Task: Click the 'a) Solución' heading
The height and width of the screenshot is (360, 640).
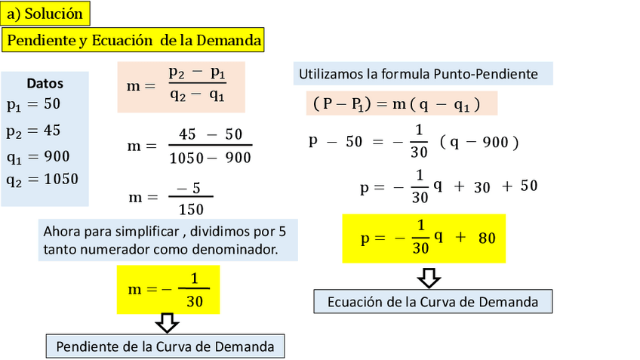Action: pyautogui.click(x=45, y=14)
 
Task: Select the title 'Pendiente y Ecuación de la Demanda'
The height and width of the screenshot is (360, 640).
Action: pyautogui.click(x=134, y=41)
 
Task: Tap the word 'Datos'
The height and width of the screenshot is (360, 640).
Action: pyautogui.click(x=45, y=84)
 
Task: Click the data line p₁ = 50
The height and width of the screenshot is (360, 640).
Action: pyautogui.click(x=33, y=104)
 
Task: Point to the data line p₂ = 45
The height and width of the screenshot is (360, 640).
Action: pyautogui.click(x=33, y=131)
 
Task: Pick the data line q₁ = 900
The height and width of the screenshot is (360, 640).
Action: pyautogui.click(x=38, y=156)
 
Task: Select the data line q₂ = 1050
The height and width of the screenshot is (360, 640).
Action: pyautogui.click(x=42, y=180)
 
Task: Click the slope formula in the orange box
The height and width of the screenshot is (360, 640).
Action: pyautogui.click(x=180, y=85)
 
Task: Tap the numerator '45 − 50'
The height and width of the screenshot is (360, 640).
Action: pyautogui.click(x=210, y=134)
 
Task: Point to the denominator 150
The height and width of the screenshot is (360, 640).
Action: pyautogui.click(x=190, y=209)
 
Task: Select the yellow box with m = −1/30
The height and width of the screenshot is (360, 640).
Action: pyautogui.click(x=168, y=290)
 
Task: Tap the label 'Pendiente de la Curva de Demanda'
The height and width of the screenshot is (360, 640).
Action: pyautogui.click(x=165, y=346)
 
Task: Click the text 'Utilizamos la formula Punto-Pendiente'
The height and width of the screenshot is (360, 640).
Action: pyautogui.click(x=418, y=74)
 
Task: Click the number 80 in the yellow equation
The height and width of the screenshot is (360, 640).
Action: pyautogui.click(x=487, y=238)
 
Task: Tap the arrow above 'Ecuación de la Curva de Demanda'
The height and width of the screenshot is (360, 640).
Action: pyautogui.click(x=429, y=277)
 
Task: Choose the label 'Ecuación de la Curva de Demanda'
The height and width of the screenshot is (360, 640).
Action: pyautogui.click(x=432, y=302)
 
